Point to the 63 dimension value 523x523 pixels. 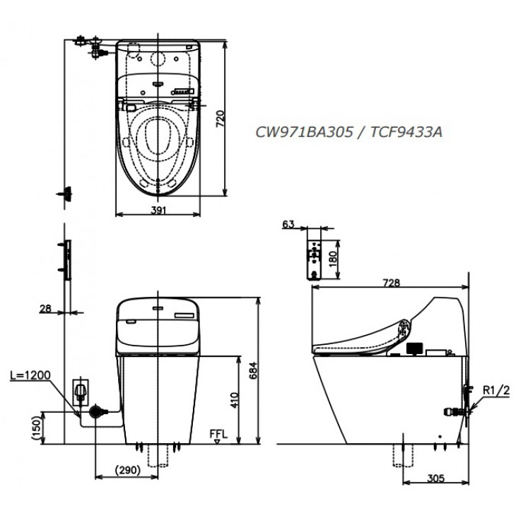[x=288, y=224]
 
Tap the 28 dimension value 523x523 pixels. [x=46, y=308]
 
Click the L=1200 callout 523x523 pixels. [x=31, y=375]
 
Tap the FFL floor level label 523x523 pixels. [x=218, y=433]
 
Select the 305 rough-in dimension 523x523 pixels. [x=435, y=478]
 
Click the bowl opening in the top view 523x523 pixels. [x=158, y=136]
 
